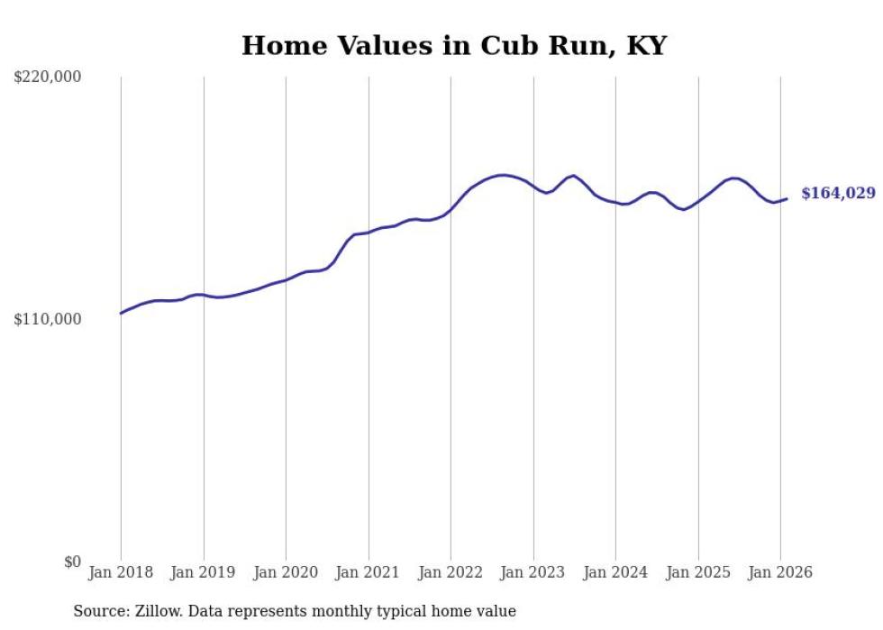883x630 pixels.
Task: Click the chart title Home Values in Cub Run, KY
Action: click(453, 45)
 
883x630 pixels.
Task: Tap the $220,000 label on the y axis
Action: click(48, 78)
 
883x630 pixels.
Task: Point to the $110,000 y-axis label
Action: click(48, 319)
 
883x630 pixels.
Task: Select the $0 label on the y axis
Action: click(72, 562)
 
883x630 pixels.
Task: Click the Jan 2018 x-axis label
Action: click(121, 573)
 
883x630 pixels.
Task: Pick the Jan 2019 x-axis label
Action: click(204, 573)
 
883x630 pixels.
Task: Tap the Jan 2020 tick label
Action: click(286, 573)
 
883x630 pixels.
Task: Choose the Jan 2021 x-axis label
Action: click(369, 573)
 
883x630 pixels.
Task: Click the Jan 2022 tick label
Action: click(451, 573)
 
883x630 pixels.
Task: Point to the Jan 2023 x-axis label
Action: click(533, 573)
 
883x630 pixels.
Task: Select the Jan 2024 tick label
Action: click(615, 573)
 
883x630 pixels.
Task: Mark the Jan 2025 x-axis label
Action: click(698, 573)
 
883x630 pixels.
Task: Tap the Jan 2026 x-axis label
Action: click(780, 573)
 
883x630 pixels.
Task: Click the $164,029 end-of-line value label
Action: click(838, 194)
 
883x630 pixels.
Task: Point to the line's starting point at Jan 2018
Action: click(121, 314)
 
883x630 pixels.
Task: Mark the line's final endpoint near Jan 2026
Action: click(787, 198)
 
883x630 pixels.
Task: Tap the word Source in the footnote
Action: click(100, 612)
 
